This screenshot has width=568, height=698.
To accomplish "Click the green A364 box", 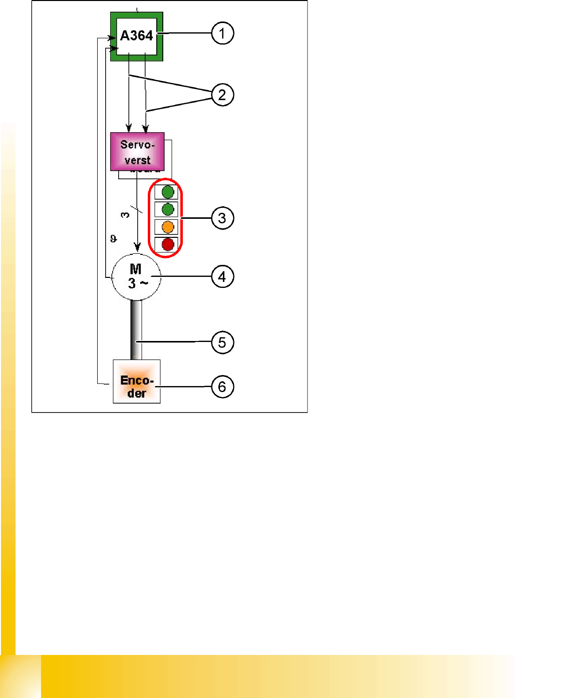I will (x=137, y=36).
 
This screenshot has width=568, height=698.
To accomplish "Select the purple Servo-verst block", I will (x=137, y=152).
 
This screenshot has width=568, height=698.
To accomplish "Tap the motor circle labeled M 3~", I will (x=136, y=277).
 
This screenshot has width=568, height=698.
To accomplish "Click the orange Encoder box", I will (x=137, y=382).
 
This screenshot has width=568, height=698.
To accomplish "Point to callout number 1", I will (x=222, y=34).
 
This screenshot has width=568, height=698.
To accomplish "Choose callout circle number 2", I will (x=222, y=95).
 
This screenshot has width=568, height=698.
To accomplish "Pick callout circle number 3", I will (x=222, y=218).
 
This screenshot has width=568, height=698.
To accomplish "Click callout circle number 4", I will (x=222, y=276).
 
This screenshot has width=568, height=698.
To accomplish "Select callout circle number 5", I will (x=222, y=342).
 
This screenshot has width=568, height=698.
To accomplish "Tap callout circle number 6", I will (x=222, y=387).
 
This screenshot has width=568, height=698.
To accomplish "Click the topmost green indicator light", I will (x=168, y=192).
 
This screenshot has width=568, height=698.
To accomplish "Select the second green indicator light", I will (x=168, y=209).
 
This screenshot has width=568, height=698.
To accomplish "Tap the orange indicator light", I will (x=168, y=227).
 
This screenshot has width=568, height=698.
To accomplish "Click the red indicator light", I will (x=168, y=244).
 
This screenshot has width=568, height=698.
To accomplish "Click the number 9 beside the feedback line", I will (x=114, y=239).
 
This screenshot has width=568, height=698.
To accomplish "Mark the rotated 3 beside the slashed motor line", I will (x=125, y=215).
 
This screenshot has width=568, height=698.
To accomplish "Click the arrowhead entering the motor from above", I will (x=137, y=247).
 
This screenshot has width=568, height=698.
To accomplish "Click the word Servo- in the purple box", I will (x=137, y=145).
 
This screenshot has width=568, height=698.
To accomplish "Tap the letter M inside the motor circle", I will (x=136, y=269).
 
